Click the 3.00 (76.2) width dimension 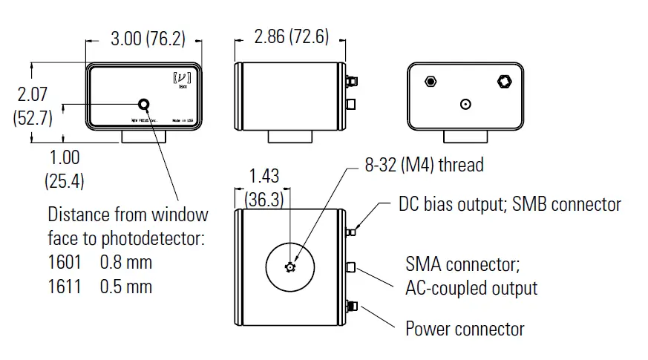(148, 39)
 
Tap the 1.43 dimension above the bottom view (264, 175)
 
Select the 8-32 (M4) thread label (424, 165)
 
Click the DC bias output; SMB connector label (509, 203)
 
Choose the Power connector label (465, 328)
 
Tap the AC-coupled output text (471, 287)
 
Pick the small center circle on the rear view (465, 105)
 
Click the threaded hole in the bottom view (290, 267)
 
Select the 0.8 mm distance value (126, 263)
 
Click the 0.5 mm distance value (126, 286)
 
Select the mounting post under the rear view (465, 136)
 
